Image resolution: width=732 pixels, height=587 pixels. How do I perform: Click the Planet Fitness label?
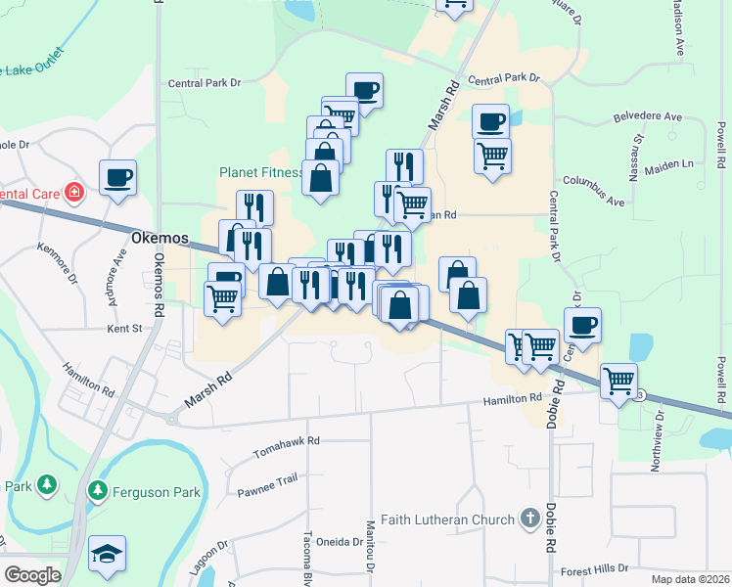[261, 172]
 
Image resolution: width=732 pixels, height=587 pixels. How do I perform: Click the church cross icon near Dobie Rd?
[529, 519]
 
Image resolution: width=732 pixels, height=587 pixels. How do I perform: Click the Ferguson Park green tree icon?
[97, 489]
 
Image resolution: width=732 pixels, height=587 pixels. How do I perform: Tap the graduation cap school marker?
[106, 555]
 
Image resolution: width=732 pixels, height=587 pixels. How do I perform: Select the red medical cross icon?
[72, 192]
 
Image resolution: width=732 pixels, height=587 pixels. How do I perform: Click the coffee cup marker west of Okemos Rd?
[117, 178]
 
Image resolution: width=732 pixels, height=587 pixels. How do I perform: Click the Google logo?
[32, 575]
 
